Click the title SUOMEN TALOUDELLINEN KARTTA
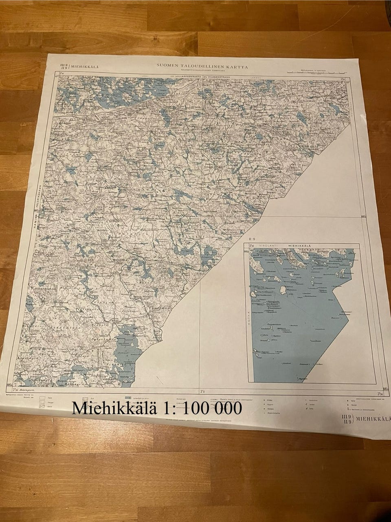pos(202,66)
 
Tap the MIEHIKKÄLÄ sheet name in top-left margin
pos(84,67)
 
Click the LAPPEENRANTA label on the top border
pos(186,76)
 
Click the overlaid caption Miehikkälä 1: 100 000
pos(157,408)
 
